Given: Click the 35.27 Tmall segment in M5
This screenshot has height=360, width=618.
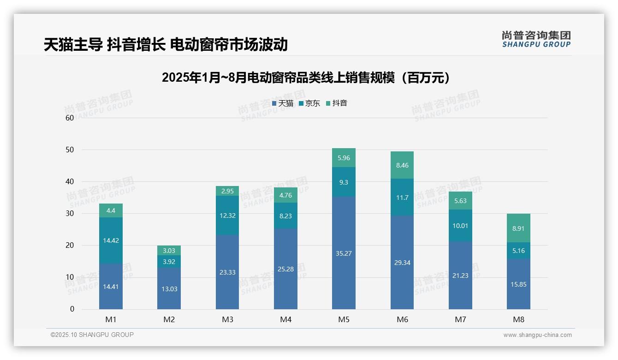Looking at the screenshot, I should pos(344,253).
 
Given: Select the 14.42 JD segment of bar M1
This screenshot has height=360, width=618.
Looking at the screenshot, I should pos(111,240).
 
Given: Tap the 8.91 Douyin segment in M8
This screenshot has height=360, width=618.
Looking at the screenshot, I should pos(518,228).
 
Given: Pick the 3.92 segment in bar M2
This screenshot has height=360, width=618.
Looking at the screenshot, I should pos(169,261).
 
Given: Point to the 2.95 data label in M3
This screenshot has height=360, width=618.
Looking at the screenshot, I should pos(227,191).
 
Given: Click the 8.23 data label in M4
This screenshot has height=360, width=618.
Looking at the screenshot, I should pos(285,216).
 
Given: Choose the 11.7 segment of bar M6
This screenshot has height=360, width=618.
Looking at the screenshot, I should pos(402,198).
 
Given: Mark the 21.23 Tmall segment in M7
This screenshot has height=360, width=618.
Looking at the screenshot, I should pos(460,275).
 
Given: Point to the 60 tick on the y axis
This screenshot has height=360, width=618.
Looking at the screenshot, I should pos(70,118).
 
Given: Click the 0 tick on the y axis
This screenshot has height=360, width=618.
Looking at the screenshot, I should pos(72,309).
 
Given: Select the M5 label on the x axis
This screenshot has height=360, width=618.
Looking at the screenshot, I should pos(344,319).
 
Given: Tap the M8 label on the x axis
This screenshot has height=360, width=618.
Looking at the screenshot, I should pos(518,319).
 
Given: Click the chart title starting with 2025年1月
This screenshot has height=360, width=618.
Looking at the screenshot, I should pos(306,78).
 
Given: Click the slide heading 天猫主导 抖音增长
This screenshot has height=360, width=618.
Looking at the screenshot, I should pos(166,44).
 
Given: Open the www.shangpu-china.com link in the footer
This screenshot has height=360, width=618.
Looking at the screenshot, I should pos(537,335).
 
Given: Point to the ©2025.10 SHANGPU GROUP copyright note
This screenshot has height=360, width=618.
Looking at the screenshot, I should pos(92,335).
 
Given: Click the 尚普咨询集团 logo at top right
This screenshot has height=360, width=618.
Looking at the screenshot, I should pos(536,39).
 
